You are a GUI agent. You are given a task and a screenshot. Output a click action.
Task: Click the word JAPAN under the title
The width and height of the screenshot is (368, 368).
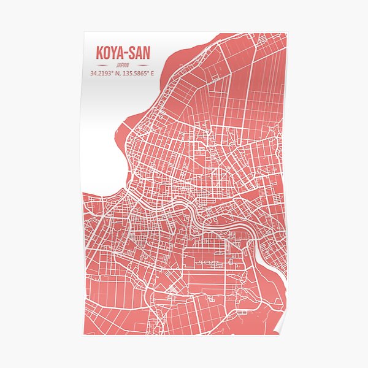123,65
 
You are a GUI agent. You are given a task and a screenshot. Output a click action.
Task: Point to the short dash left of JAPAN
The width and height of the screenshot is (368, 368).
102,65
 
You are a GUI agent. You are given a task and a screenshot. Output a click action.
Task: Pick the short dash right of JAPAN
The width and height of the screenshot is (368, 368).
143,65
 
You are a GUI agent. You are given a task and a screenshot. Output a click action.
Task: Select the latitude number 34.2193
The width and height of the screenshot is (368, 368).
100,74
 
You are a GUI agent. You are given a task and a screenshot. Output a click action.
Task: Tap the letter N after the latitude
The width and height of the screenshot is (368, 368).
117,74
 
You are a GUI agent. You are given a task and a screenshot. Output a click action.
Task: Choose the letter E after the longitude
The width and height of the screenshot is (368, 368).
152,74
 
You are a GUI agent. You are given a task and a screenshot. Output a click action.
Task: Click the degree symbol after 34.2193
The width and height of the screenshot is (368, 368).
112,72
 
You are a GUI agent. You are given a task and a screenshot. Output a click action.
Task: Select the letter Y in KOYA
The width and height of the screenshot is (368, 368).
113,53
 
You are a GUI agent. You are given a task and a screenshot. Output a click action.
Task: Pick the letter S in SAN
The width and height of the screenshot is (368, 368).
132,53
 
